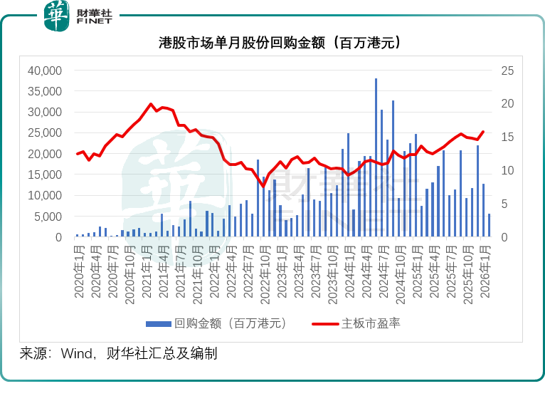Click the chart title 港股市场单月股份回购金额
[272, 43]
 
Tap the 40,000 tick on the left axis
[44, 71]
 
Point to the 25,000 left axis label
[44, 133]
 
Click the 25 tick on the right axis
[507, 71]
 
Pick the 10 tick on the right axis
[507, 170]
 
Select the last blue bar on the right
[489, 225]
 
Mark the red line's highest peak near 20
[151, 104]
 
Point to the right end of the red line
[483, 132]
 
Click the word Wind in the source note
[78, 353]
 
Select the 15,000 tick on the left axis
[44, 174]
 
